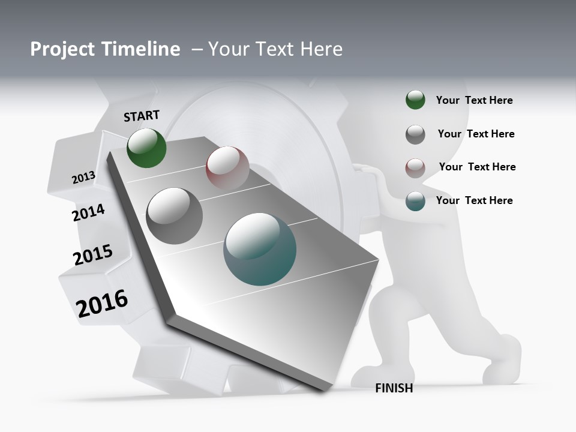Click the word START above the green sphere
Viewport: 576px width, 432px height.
pyautogui.click(x=142, y=115)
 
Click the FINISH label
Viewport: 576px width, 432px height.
pyautogui.click(x=394, y=388)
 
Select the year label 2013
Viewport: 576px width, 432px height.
pyautogui.click(x=83, y=178)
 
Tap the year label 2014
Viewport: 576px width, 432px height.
pyautogui.click(x=88, y=212)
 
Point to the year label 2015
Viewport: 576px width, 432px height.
pyautogui.click(x=92, y=255)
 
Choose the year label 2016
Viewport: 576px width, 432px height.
pyautogui.click(x=102, y=304)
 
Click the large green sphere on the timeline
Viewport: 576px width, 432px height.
pyautogui.click(x=146, y=148)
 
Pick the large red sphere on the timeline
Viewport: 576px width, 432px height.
pyautogui.click(x=227, y=167)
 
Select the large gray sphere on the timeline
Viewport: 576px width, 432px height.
pyautogui.click(x=175, y=216)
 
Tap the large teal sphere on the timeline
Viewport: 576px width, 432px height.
pyautogui.click(x=260, y=249)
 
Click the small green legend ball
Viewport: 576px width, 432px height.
pyautogui.click(x=415, y=100)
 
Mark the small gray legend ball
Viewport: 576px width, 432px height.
pyautogui.click(x=415, y=134)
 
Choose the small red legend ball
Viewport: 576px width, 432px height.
pyautogui.click(x=415, y=168)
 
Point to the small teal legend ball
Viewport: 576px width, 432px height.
pyautogui.click(x=415, y=201)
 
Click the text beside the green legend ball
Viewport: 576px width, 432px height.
pyautogui.click(x=474, y=100)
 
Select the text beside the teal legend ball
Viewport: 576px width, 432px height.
pyautogui.click(x=474, y=200)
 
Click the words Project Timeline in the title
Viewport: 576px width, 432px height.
pyautogui.click(x=105, y=49)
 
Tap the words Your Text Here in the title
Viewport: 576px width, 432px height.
pyautogui.click(x=275, y=49)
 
